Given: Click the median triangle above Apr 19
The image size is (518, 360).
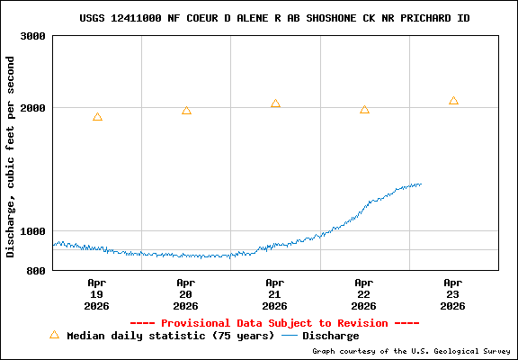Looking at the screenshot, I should coord(97,117).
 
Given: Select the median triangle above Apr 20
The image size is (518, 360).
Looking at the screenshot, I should coord(186,111).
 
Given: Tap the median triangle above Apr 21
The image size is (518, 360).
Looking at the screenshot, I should coord(275,103).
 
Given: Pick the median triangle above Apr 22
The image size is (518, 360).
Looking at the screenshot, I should coord(364,110).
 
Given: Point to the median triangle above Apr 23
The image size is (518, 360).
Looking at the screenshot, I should coord(453,101).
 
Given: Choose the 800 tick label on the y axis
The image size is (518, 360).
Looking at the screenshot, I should coord(35,271).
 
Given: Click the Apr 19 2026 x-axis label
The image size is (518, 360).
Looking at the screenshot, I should coord(97,294).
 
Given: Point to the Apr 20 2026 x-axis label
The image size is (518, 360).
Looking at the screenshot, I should coord(186,294).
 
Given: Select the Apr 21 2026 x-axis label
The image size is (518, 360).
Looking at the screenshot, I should coord(275,294).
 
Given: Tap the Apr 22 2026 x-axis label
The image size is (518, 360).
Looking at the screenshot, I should coord(364,294).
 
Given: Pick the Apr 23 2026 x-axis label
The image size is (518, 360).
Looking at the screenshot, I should coord(453,294).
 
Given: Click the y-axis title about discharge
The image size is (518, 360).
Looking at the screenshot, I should coord(11,157).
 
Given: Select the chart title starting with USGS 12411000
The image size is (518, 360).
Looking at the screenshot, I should coord(274,18).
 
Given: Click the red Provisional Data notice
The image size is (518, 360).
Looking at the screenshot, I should coord(274,323).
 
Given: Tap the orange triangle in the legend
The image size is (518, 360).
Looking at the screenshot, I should coord(54,335).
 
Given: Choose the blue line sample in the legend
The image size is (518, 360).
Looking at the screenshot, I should coord(290,336).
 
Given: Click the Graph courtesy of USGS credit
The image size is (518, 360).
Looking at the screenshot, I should coord(412,351).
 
